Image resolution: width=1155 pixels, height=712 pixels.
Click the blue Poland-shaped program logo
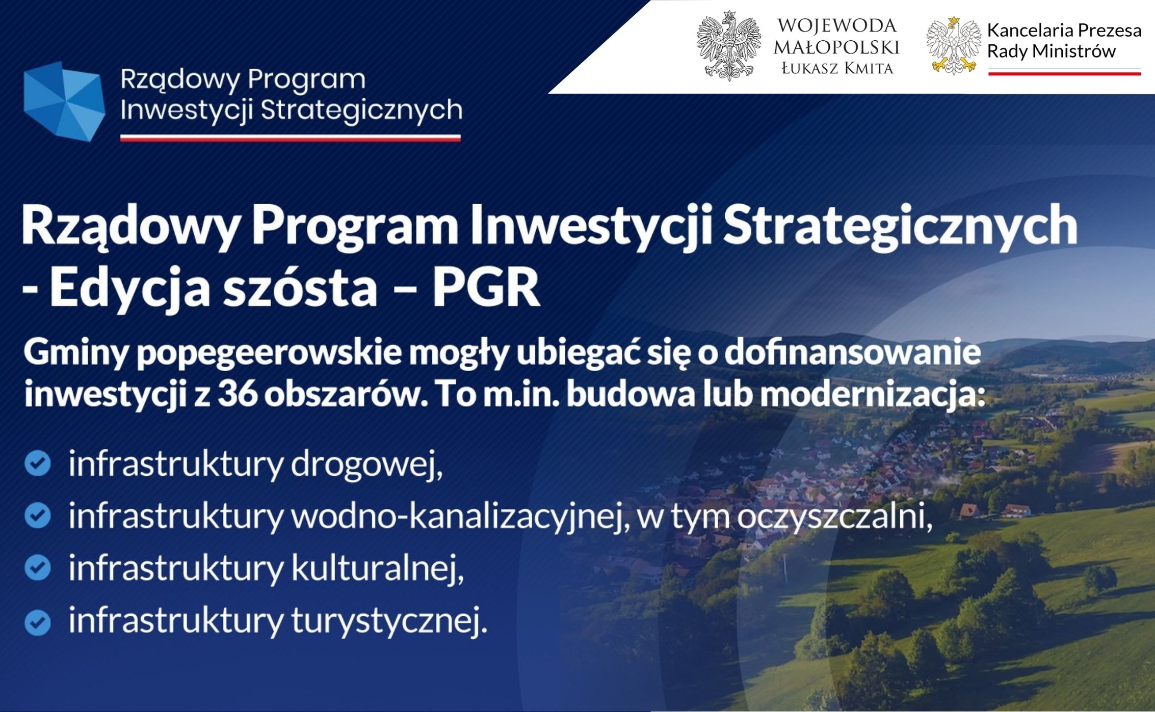coord(64,101)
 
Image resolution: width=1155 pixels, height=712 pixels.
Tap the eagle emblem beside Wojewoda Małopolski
coord(729,46)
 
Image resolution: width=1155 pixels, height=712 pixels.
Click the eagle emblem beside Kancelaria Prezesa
coord(954,46)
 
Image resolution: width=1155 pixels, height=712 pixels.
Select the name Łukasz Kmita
coord(837,68)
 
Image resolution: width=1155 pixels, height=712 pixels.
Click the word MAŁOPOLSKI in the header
coord(836,47)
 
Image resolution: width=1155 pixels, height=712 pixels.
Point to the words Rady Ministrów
coord(1051,51)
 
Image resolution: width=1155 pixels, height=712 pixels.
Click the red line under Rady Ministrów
coord(1064,73)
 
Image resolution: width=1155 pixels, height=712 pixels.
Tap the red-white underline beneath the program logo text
coord(291,138)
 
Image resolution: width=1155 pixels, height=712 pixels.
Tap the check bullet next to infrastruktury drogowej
coord(38,463)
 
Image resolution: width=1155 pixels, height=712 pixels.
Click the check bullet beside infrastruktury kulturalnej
coord(38,568)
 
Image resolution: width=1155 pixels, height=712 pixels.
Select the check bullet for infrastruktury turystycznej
coord(38,622)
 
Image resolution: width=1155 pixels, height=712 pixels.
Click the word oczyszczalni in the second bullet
coord(834,517)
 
